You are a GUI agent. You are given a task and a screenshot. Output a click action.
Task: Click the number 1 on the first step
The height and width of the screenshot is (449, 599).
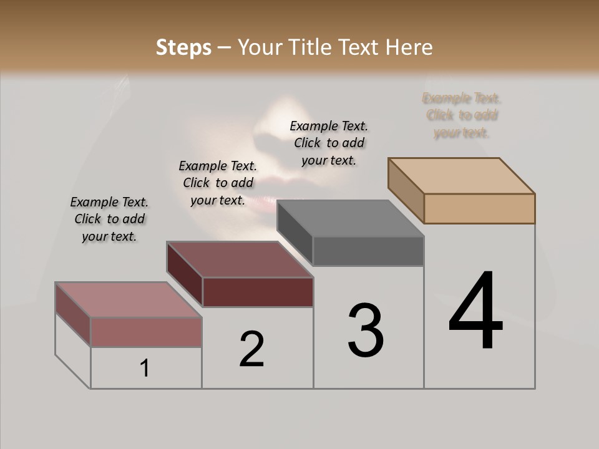click(x=145, y=368)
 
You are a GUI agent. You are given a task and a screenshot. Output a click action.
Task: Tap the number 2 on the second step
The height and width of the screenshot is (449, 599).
click(x=251, y=349)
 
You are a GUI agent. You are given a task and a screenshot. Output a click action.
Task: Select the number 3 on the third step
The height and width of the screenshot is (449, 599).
click(x=366, y=331)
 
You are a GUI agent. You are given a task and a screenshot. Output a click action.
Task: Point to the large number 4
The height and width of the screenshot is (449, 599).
click(x=475, y=311)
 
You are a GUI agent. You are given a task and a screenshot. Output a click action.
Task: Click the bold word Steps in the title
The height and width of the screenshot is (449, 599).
click(x=183, y=47)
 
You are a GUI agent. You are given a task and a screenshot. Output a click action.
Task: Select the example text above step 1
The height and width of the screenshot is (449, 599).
click(x=109, y=219)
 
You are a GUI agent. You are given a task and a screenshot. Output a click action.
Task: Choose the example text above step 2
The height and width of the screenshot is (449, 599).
click(x=218, y=183)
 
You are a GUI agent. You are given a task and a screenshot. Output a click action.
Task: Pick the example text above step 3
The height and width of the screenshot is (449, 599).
click(x=329, y=143)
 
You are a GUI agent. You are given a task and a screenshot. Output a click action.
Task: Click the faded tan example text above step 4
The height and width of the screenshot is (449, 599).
click(x=462, y=115)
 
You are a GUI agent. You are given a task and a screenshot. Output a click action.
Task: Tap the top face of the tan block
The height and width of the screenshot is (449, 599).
click(x=462, y=175)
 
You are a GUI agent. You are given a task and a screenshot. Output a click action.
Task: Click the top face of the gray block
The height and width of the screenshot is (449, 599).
click(x=351, y=218)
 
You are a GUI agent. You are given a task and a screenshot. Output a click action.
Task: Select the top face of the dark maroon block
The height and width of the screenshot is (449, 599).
click(x=240, y=259)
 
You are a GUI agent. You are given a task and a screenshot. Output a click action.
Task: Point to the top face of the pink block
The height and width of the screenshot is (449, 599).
click(x=128, y=300)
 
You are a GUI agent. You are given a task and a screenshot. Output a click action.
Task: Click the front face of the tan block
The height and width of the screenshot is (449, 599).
click(x=479, y=208)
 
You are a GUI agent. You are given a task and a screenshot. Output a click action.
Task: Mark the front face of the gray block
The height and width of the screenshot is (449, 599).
click(x=368, y=251)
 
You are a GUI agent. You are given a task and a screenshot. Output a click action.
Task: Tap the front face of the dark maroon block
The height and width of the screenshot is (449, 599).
click(x=258, y=292)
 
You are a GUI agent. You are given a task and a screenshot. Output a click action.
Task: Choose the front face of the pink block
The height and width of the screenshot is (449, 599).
click(x=146, y=332)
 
